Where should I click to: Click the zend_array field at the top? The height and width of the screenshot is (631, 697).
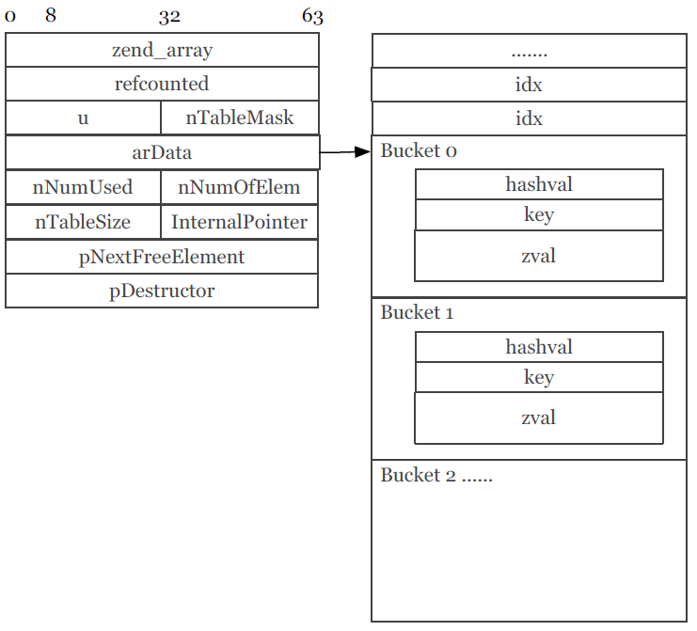pyautogui.click(x=162, y=51)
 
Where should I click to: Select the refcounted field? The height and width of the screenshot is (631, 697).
pyautogui.click(x=162, y=84)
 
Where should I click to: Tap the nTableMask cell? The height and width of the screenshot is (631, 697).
pyautogui.click(x=240, y=118)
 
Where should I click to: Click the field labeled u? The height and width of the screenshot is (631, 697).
pyautogui.click(x=83, y=118)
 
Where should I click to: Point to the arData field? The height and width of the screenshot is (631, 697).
pyautogui.click(x=162, y=152)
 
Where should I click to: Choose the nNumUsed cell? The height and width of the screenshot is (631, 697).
pyautogui.click(x=83, y=187)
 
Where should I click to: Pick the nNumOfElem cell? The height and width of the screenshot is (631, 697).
pyautogui.click(x=240, y=187)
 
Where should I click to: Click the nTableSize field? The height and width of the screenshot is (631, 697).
pyautogui.click(x=83, y=223)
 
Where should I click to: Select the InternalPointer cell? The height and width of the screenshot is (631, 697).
pyautogui.click(x=240, y=223)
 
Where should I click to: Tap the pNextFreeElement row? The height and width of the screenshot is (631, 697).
pyautogui.click(x=162, y=257)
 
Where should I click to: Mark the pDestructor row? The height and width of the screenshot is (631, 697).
pyautogui.click(x=162, y=291)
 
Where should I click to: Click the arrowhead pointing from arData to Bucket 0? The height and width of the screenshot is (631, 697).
pyautogui.click(x=363, y=151)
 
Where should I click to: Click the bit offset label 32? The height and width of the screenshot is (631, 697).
pyautogui.click(x=169, y=16)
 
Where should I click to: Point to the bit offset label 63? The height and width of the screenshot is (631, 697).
pyautogui.click(x=312, y=16)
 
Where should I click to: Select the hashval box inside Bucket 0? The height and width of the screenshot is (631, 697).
pyautogui.click(x=539, y=184)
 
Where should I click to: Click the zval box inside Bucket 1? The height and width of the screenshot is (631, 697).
pyautogui.click(x=539, y=418)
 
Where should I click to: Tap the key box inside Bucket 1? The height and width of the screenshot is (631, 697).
pyautogui.click(x=539, y=377)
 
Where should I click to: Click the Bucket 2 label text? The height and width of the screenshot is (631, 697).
pyautogui.click(x=436, y=475)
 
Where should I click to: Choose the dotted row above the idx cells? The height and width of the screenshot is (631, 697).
pyautogui.click(x=529, y=52)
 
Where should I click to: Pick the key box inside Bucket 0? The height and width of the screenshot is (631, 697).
pyautogui.click(x=539, y=214)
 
